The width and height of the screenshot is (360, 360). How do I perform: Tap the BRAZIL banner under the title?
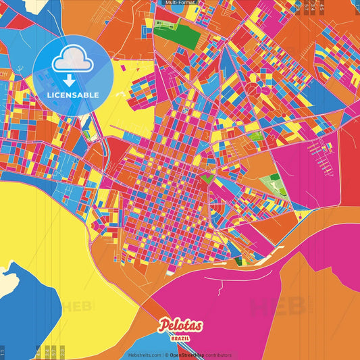click(x=180, y=337)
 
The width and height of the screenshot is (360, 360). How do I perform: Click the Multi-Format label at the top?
click(x=180, y=3)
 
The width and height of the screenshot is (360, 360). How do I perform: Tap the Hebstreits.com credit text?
click(x=144, y=355)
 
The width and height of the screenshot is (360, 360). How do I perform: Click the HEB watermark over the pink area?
click(x=277, y=306)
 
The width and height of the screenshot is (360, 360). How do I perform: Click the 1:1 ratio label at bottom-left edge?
click(x=3, y=351)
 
